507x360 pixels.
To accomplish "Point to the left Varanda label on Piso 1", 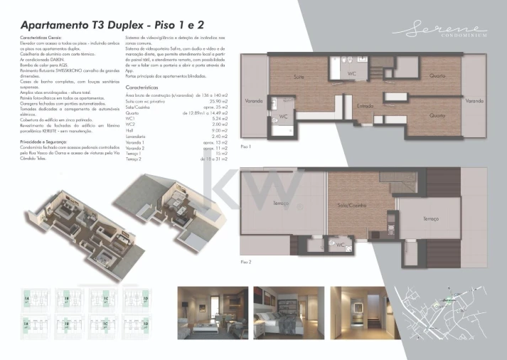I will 254,101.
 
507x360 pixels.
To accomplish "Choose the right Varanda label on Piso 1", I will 474,101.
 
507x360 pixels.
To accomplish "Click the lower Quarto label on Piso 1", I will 437,115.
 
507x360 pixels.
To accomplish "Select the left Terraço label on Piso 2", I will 282,204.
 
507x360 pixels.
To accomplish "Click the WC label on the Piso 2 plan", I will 341,245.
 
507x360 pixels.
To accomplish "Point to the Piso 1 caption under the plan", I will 247,146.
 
